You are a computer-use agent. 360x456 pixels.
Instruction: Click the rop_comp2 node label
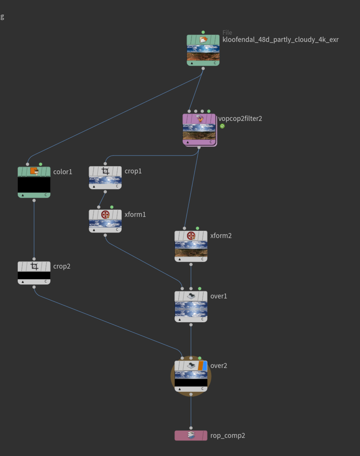[227, 435]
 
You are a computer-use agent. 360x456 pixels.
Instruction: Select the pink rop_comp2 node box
[191, 435]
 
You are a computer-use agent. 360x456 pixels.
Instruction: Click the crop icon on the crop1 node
[105, 171]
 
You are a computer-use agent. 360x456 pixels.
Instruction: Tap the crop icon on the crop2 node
[34, 266]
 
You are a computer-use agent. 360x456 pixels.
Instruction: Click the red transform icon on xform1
[105, 214]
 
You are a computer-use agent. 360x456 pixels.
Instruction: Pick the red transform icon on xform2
[191, 236]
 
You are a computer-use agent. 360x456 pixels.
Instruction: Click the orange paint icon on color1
[34, 171]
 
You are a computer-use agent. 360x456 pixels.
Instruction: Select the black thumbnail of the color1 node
[34, 185]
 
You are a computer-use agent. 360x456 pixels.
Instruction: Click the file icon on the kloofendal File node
[203, 40]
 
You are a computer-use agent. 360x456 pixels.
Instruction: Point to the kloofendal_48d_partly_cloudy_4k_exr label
[281, 40]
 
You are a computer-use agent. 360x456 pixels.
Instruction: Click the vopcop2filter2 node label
[240, 119]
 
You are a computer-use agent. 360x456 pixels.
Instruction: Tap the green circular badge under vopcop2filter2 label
[222, 126]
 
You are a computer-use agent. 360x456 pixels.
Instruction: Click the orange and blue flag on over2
[203, 366]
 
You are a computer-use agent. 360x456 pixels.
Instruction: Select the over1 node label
[219, 296]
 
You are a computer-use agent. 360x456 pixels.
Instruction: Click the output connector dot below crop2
[34, 287]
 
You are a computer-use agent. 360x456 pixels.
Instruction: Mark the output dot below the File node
[203, 68]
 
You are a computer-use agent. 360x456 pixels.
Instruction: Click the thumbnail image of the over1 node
[191, 309]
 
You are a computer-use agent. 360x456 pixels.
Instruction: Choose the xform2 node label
[221, 236]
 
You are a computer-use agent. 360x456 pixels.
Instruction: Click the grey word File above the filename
[227, 32]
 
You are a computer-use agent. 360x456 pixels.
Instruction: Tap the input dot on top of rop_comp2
[191, 428]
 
